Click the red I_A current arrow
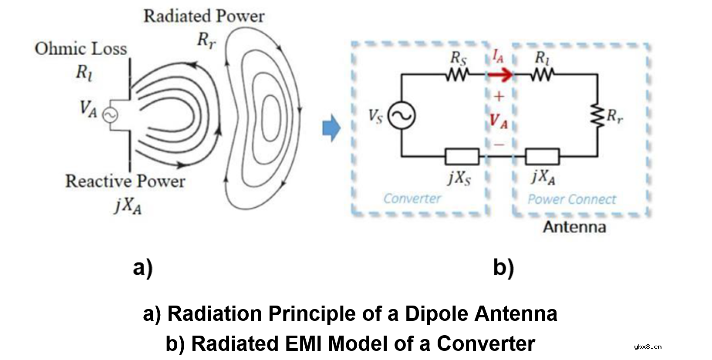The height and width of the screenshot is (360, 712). point(500,75)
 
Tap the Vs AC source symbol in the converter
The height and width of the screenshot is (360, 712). point(402,115)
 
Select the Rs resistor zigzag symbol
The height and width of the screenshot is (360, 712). point(456,76)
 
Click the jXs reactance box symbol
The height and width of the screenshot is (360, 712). point(462,156)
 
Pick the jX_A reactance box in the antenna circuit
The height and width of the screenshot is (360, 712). point(542,156)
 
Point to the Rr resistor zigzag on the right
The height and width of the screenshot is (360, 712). point(597,116)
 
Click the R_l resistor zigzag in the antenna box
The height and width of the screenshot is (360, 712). point(541,76)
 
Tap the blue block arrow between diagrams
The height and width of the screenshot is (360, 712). point(331,128)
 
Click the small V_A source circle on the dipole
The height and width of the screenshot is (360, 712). point(110,115)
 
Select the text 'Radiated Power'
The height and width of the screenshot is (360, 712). point(204,17)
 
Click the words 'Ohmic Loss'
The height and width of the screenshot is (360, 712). point(81,49)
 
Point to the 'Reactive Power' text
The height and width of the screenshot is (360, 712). point(125,181)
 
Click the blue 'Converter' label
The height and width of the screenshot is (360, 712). point(412,199)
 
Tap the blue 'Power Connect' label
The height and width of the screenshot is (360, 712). point(572,199)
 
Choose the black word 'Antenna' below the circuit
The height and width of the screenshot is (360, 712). point(574,227)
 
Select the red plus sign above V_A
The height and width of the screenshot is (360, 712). point(499,96)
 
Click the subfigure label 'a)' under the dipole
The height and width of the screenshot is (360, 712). point(143,268)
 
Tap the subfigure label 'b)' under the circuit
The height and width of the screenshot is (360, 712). point(503,268)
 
